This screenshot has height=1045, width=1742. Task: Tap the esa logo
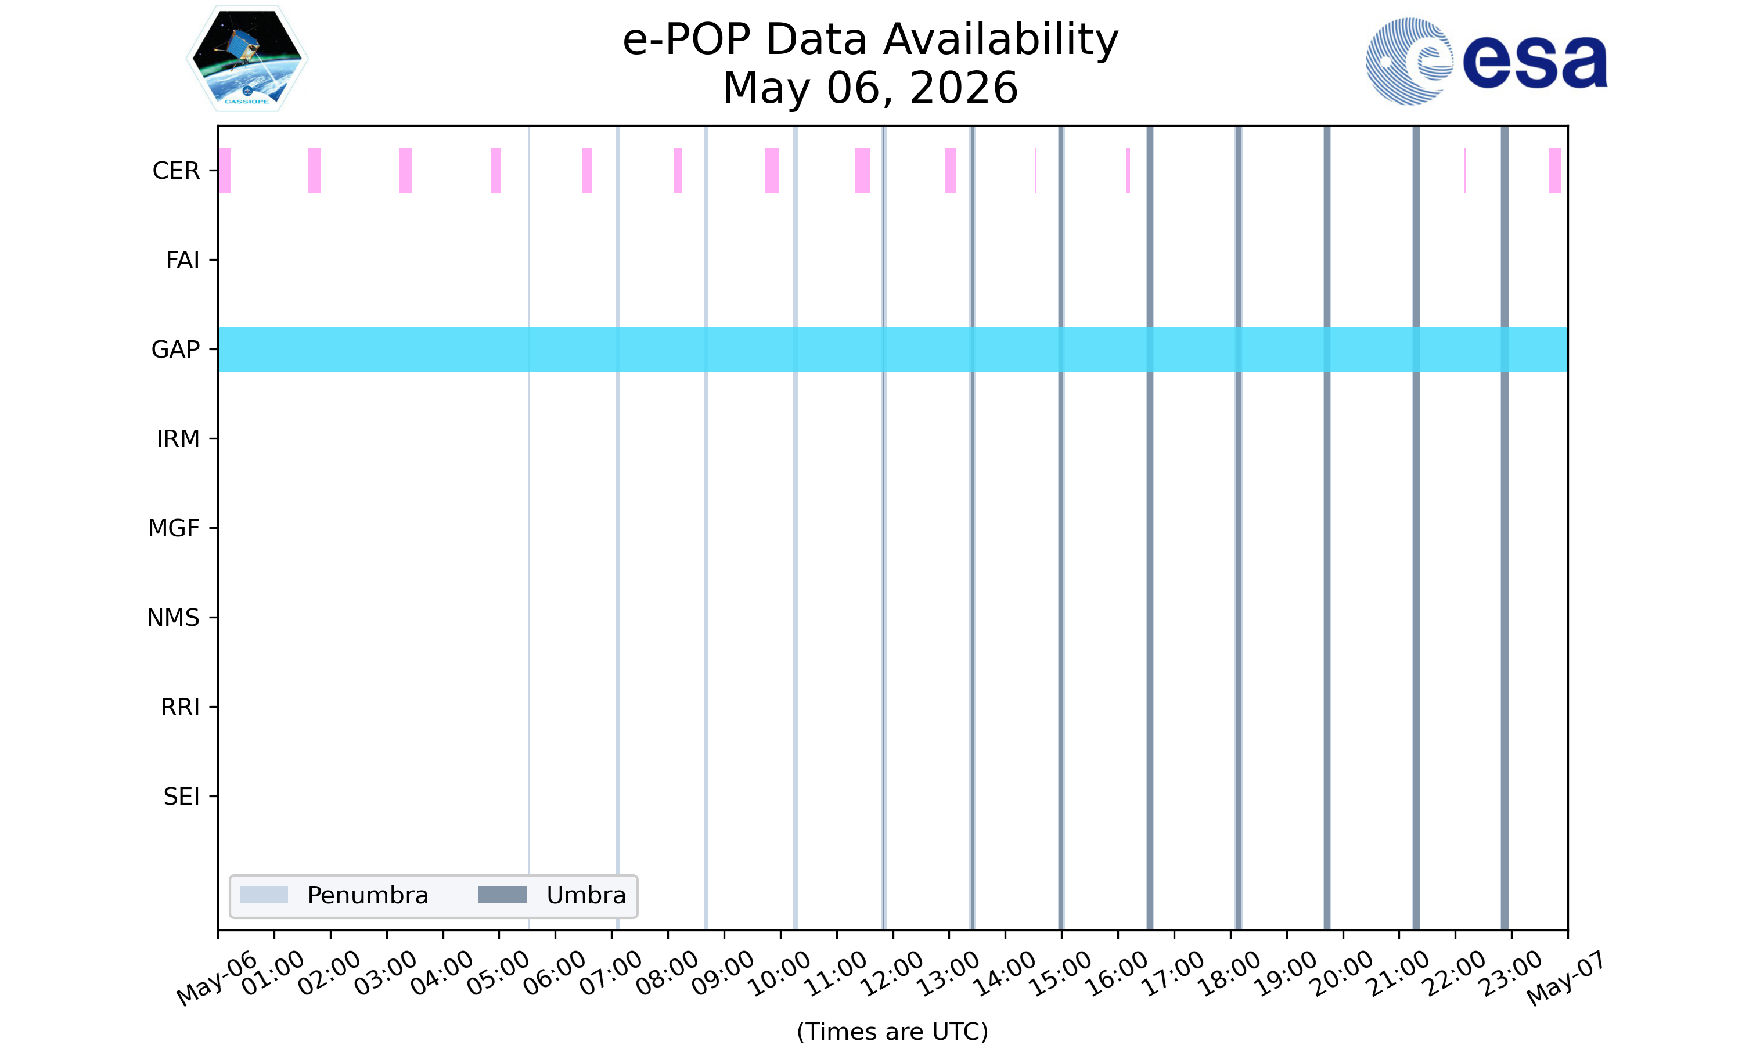[x=1487, y=62]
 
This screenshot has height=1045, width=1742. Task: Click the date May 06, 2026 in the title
[x=870, y=88]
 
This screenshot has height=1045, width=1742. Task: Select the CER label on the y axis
[x=176, y=171]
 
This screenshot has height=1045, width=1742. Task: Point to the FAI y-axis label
[x=182, y=260]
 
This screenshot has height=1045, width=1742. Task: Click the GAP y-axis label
[x=175, y=349]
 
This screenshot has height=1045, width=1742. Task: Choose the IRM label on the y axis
[x=178, y=439]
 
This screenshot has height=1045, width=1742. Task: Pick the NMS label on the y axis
[x=173, y=618]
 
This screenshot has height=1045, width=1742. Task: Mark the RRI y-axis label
[x=180, y=707]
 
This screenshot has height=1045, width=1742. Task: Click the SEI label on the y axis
[x=182, y=797]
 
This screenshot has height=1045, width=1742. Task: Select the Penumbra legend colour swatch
[x=264, y=895]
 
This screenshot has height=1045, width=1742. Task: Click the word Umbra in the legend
[x=586, y=895]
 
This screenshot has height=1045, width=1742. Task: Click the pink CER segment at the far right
[x=1554, y=171]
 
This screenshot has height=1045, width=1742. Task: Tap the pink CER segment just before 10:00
[x=772, y=171]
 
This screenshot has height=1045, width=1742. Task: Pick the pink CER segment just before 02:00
[x=314, y=171]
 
